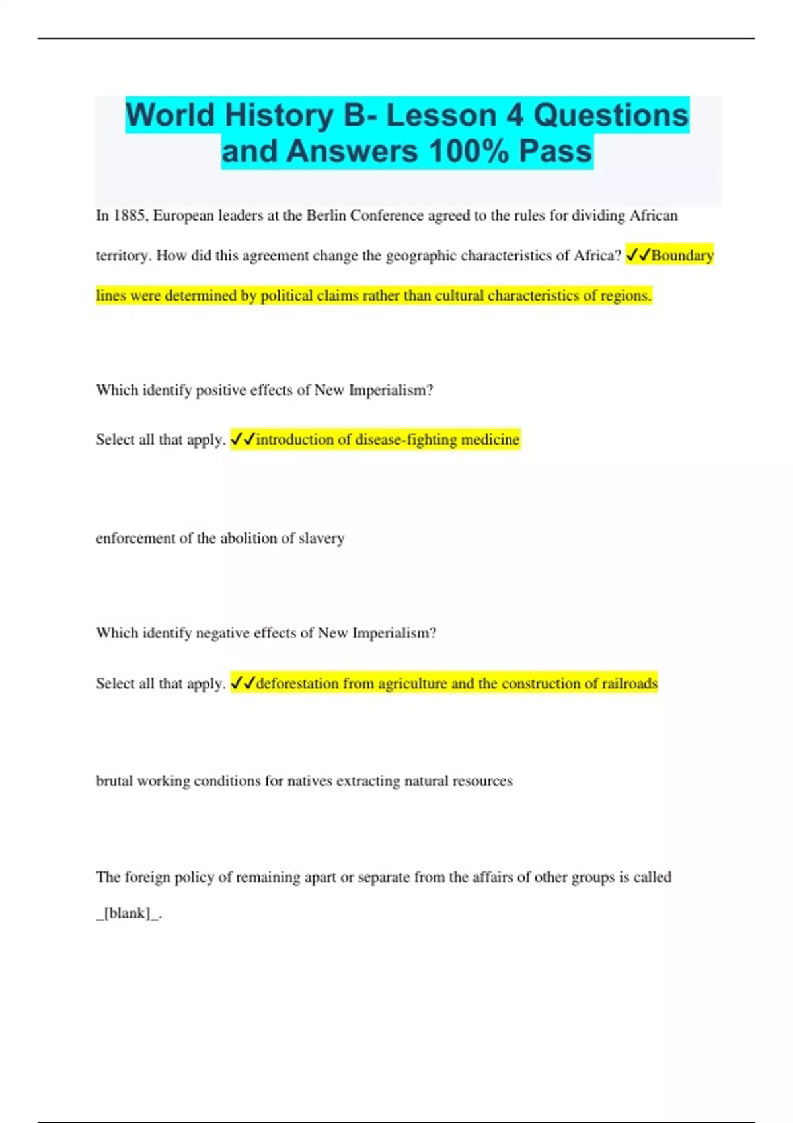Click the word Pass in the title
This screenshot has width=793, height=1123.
[555, 151]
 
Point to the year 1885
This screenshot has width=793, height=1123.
[131, 216]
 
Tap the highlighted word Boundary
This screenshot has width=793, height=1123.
[682, 256]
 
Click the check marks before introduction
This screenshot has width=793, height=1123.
[243, 439]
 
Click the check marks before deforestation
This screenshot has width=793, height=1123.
[243, 684]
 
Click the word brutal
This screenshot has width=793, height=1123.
[114, 781]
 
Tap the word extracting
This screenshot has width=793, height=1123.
[368, 781]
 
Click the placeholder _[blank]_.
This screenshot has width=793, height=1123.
[128, 914]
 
